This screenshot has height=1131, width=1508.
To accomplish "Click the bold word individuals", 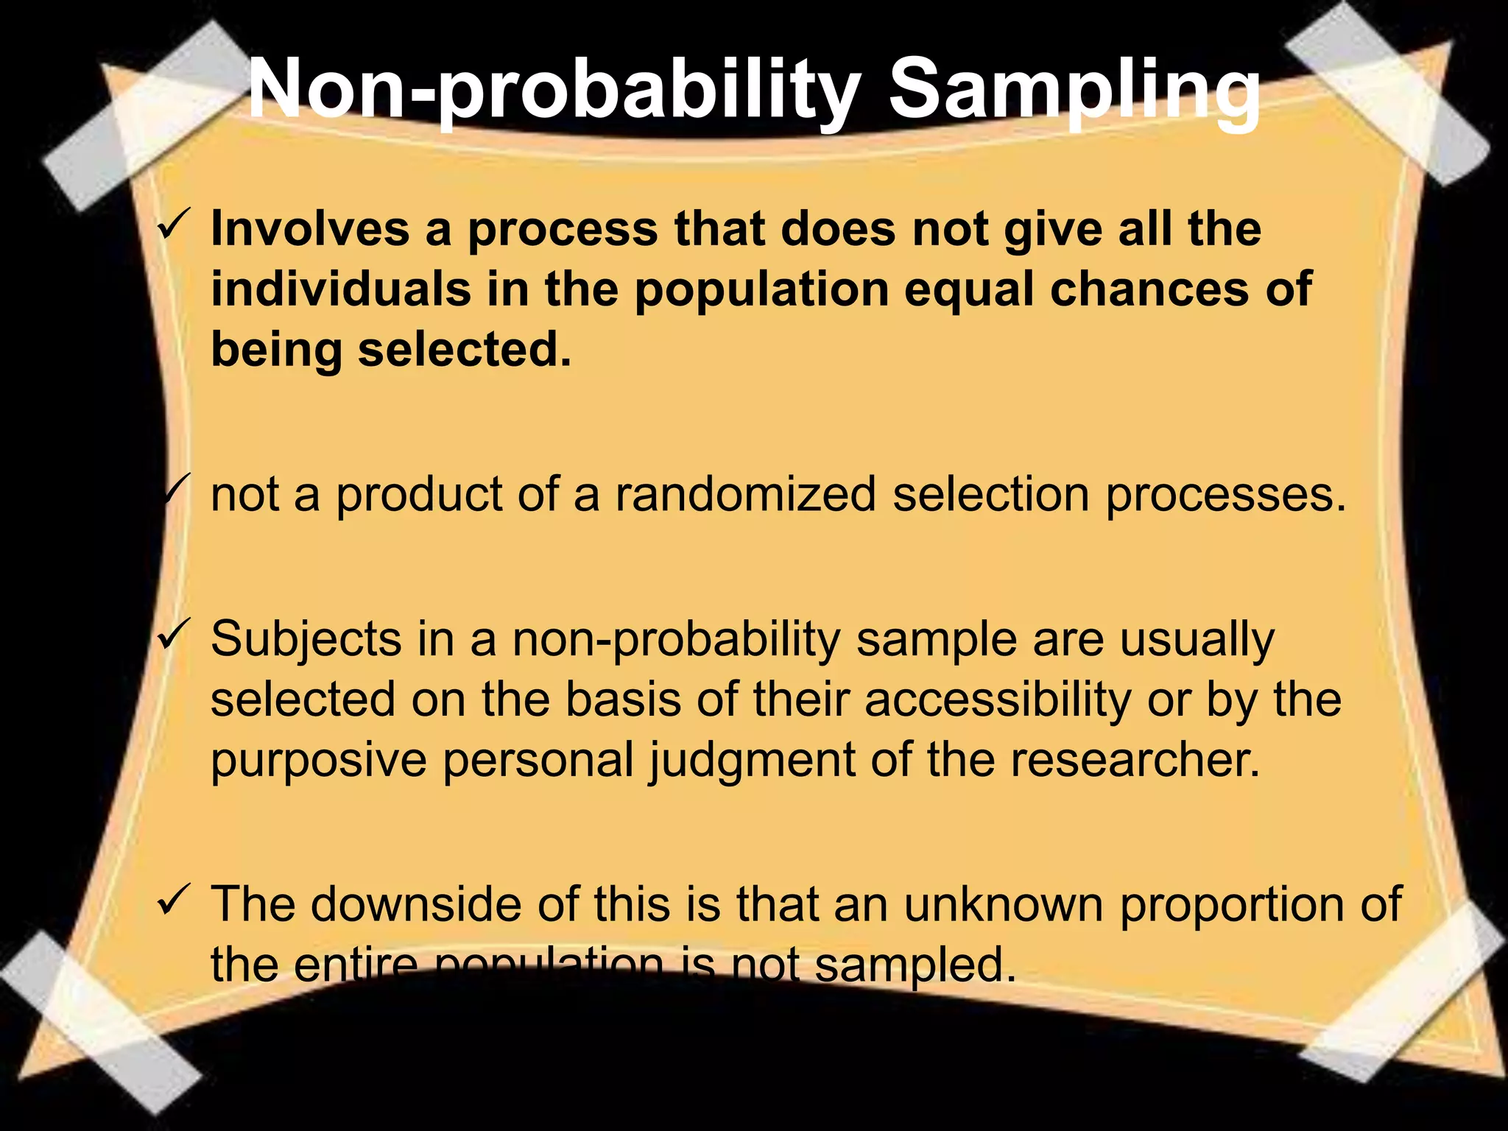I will tap(340, 289).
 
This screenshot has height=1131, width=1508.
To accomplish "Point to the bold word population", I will tap(762, 290).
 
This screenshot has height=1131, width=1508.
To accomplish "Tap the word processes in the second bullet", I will tap(1226, 495).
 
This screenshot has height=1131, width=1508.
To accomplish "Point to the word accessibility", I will tap(997, 699).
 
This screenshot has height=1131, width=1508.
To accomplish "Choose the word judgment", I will tap(752, 760).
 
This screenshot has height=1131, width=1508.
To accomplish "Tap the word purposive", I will tap(319, 760).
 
